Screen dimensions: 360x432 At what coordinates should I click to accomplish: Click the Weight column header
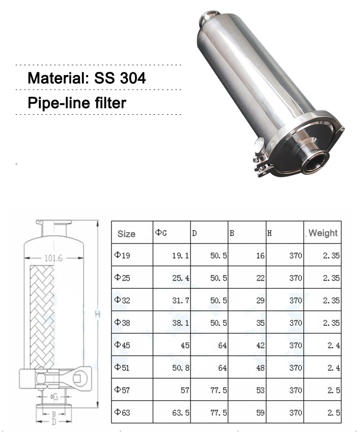point(323,233)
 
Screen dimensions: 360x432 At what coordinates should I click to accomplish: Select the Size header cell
point(126,234)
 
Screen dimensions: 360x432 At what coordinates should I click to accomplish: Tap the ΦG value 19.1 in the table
point(180,255)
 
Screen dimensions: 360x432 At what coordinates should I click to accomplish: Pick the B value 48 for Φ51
point(260,368)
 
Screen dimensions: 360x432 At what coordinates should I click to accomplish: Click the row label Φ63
point(122,412)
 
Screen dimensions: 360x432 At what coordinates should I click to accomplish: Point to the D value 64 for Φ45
point(222,345)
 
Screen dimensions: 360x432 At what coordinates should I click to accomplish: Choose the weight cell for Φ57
point(333,390)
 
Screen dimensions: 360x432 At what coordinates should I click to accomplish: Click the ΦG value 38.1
point(180,323)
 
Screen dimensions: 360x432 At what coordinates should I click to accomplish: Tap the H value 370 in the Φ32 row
point(295,300)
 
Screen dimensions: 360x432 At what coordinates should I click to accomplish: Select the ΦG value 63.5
point(181,412)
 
